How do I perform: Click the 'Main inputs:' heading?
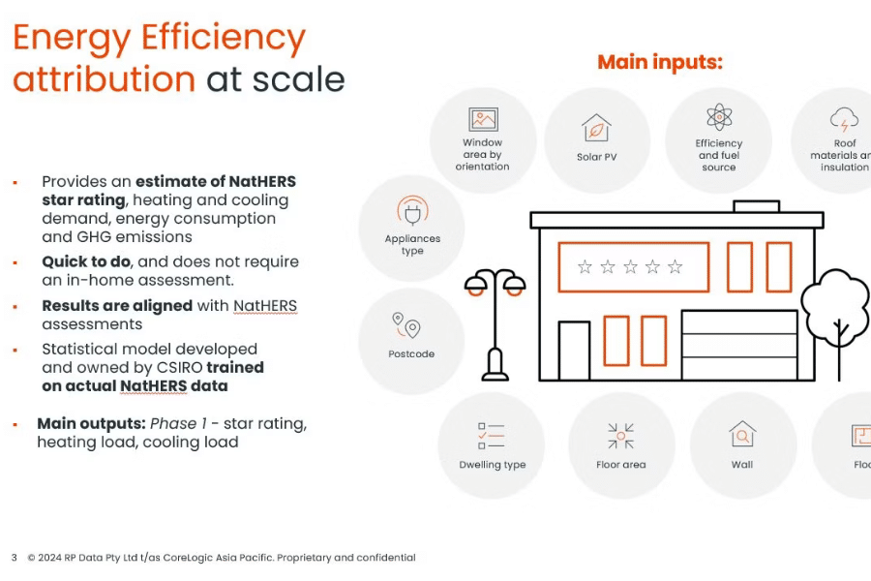[660, 62]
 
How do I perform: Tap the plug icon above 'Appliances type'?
[412, 211]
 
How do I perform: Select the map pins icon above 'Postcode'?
[406, 325]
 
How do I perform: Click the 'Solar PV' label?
[596, 157]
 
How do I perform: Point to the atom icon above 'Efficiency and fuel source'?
[719, 117]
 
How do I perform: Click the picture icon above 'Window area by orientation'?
[483, 119]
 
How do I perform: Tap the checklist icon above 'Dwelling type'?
[491, 436]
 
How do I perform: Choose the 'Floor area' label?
[621, 464]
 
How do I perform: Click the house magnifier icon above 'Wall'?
[742, 434]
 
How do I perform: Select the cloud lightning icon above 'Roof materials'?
[844, 119]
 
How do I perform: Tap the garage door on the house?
[739, 345]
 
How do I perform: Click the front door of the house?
[574, 351]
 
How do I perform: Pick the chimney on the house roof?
[756, 206]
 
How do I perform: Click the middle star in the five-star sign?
[630, 267]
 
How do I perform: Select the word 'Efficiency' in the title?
[223, 38]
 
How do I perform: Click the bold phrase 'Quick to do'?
[86, 261]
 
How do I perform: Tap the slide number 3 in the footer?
[15, 557]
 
